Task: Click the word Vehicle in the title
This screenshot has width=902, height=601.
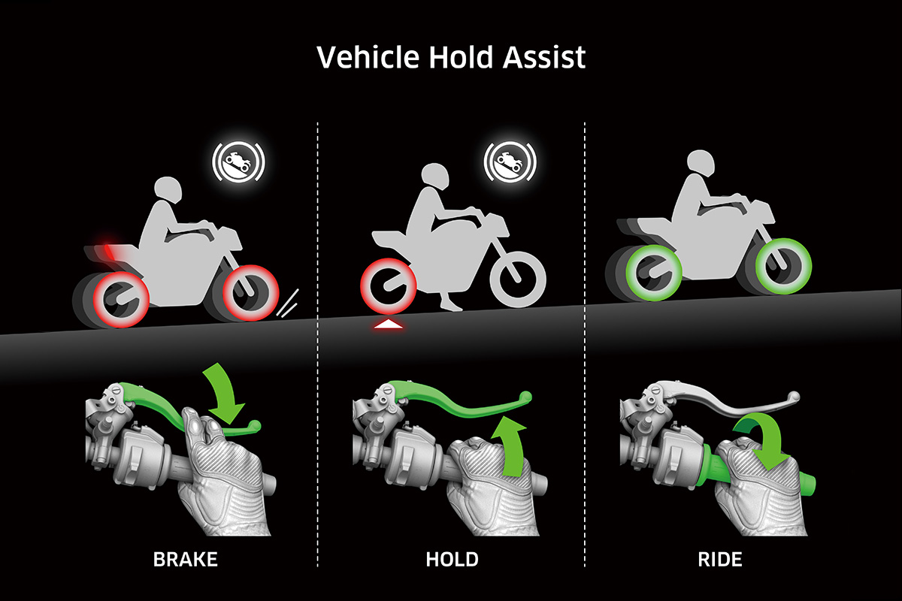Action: coord(368,57)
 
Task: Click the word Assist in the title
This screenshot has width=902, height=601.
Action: coord(544,57)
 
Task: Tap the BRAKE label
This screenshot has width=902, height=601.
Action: coord(185,560)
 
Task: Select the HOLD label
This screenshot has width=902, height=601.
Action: coord(453,560)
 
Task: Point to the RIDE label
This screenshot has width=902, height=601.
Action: coord(720,560)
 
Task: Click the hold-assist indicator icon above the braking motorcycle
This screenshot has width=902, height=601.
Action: coord(239,162)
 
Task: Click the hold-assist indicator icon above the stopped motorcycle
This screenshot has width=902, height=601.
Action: coord(510,162)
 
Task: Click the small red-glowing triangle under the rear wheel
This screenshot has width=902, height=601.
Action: coord(388,324)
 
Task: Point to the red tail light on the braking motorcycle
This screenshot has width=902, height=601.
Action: coord(109,249)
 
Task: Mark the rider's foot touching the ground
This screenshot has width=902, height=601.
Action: coord(451,305)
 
